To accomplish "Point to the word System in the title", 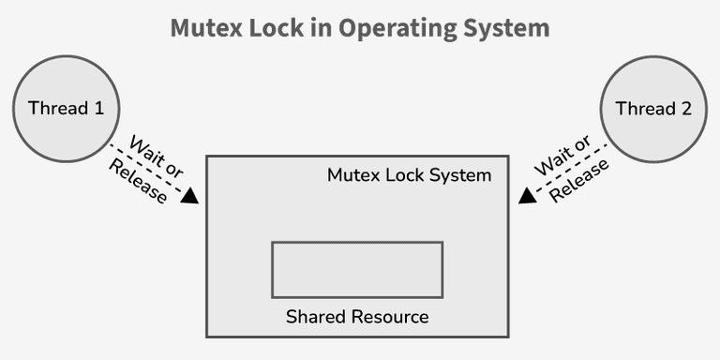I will click(x=502, y=27).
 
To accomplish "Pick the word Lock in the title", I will click(x=277, y=27).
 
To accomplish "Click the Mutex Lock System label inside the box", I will click(x=409, y=175).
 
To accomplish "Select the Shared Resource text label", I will click(x=357, y=317).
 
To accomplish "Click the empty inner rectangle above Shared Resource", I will click(x=357, y=269).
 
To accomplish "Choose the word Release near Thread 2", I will click(x=579, y=181).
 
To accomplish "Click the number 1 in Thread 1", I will click(x=97, y=108).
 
